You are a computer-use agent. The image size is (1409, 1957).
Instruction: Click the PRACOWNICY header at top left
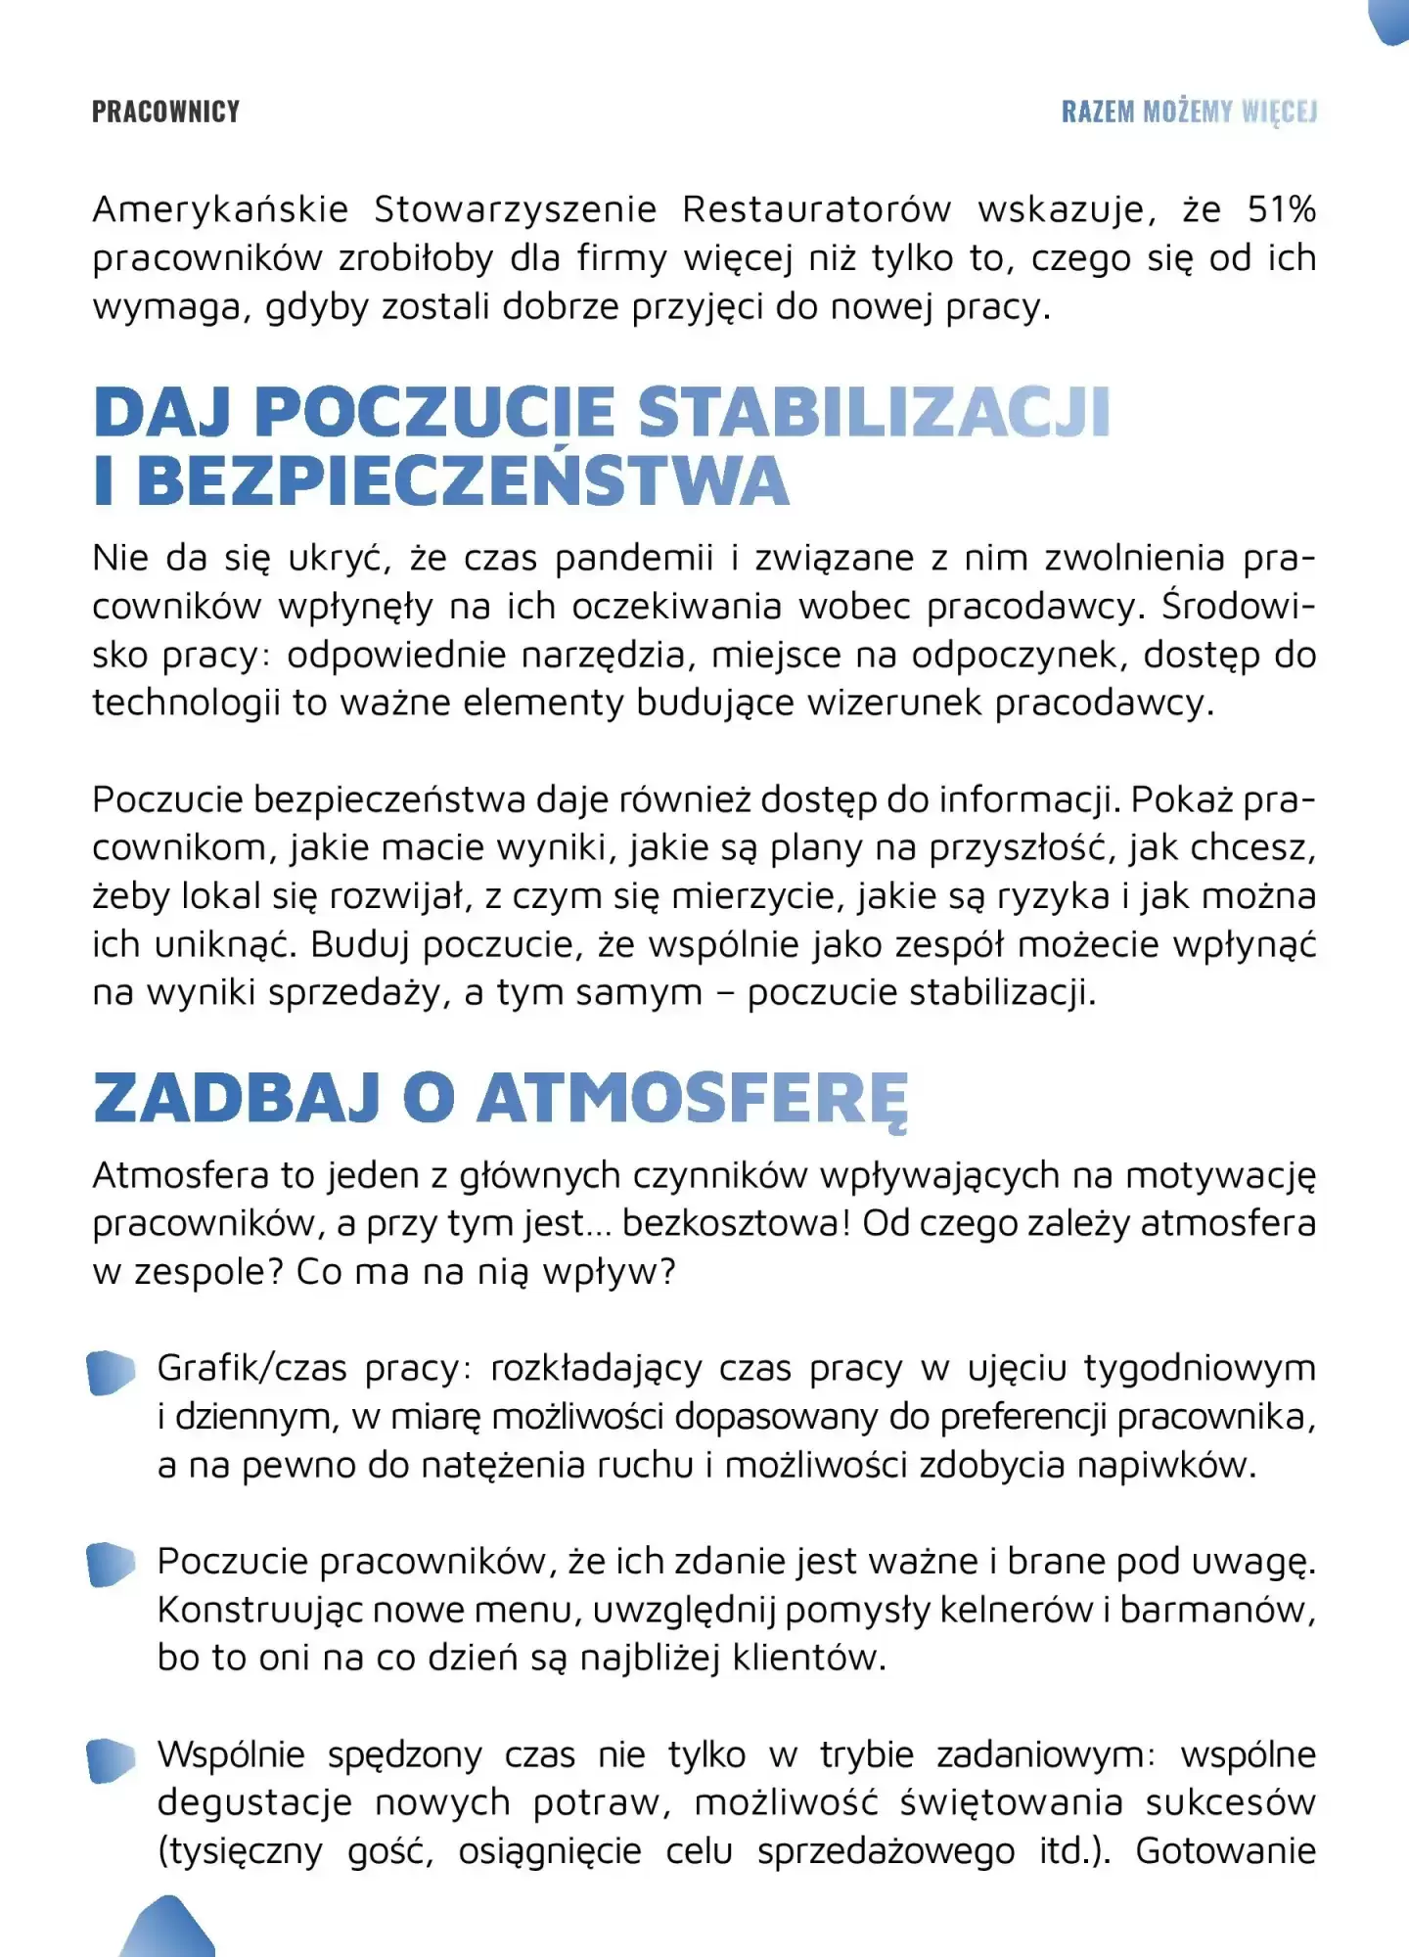click(x=165, y=112)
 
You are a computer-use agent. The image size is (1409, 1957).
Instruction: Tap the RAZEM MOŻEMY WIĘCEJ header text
click(x=1189, y=112)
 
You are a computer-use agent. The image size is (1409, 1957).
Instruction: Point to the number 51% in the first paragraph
click(x=1281, y=209)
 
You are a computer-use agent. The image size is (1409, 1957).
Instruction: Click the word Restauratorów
click(x=816, y=209)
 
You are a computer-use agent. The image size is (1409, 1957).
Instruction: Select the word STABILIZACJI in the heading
click(x=874, y=412)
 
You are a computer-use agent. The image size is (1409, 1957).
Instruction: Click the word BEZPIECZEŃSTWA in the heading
click(x=462, y=481)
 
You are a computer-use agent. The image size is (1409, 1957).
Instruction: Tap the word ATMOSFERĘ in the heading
click(x=693, y=1099)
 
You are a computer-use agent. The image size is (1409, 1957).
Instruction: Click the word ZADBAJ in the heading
click(x=236, y=1099)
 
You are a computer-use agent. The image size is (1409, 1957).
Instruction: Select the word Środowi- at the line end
click(x=1238, y=607)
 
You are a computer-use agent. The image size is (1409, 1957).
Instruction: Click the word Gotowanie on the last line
click(x=1225, y=1851)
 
